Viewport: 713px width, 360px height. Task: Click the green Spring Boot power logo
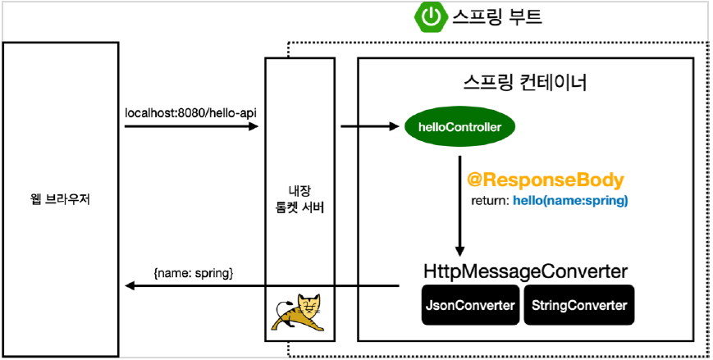point(430,16)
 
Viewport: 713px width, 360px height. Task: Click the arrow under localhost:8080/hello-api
point(190,126)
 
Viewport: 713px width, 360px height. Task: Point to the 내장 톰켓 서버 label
point(299,198)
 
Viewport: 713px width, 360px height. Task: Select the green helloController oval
point(454,126)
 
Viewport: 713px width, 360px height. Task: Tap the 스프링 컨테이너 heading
point(526,83)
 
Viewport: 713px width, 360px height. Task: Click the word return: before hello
point(490,201)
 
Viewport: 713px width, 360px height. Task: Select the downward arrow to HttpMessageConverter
point(460,213)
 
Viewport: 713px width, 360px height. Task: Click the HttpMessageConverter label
point(526,271)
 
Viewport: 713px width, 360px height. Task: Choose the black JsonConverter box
point(471,306)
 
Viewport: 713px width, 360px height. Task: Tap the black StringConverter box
point(579,306)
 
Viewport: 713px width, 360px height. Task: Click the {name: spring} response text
point(194,272)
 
